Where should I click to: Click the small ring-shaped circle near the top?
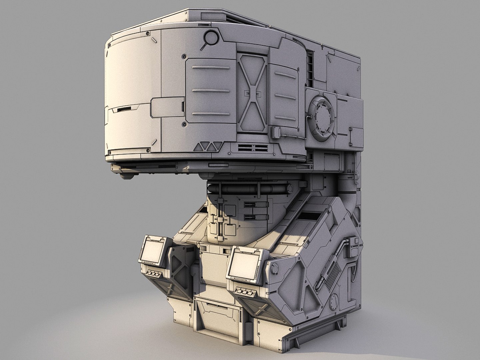pyautogui.click(x=210, y=36)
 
